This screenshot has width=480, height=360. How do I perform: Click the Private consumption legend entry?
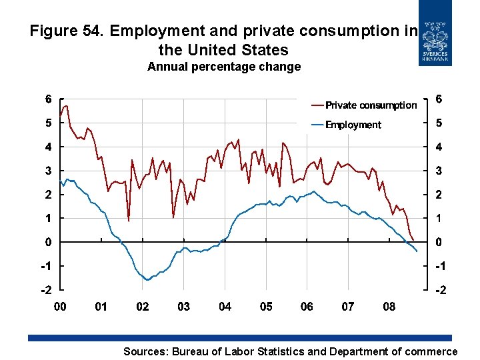click(371, 105)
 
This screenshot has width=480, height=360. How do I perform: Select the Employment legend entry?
click(353, 125)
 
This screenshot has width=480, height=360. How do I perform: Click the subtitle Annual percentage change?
click(224, 67)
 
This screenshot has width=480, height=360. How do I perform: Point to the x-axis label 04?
click(225, 307)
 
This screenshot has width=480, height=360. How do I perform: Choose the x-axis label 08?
click(389, 307)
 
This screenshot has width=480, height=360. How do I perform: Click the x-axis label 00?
click(60, 307)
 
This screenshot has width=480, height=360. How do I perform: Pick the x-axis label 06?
click(307, 307)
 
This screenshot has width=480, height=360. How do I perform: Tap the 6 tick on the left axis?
click(49, 99)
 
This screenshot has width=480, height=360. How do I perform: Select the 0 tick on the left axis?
click(49, 242)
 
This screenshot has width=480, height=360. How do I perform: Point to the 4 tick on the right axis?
click(438, 147)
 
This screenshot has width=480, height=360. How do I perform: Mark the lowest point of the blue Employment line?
click(147, 280)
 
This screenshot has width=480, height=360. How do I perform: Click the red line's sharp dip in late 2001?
click(129, 220)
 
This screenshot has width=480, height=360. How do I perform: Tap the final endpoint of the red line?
click(413, 240)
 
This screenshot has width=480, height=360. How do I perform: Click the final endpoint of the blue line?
click(417, 251)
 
